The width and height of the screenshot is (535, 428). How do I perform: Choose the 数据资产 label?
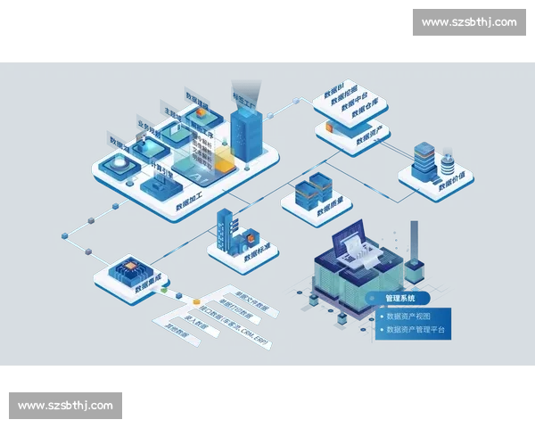(x=369, y=136)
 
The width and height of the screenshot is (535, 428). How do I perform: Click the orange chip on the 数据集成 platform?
(x=124, y=267)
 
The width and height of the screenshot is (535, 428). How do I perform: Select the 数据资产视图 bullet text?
(x=407, y=316)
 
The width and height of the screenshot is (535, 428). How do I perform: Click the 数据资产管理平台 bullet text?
(x=415, y=330)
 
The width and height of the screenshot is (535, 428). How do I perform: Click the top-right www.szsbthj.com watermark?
(x=467, y=21)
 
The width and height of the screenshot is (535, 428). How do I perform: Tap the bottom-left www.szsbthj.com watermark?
(x=67, y=406)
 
